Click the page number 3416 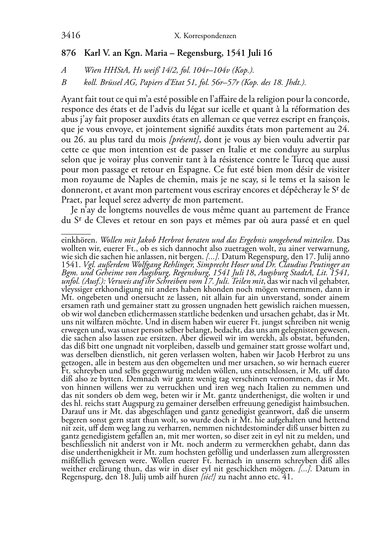(x=70, y=36)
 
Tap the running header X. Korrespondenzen (x=205, y=36)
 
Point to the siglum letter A (x=64, y=70)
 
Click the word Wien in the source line (x=92, y=70)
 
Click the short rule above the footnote (x=76, y=233)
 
